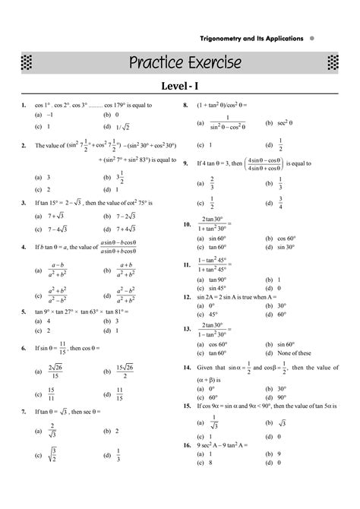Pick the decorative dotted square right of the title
[x=331, y=62]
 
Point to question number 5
[x=24, y=311]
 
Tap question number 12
[x=186, y=297]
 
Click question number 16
[x=186, y=444]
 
